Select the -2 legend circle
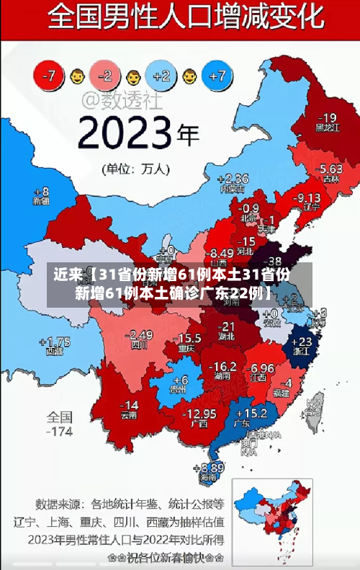105,74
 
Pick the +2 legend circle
161,75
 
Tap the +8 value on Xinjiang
42,192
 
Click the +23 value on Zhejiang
305,342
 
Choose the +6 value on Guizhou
180,379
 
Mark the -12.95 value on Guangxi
199,414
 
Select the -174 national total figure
60,432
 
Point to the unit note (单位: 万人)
136,169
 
